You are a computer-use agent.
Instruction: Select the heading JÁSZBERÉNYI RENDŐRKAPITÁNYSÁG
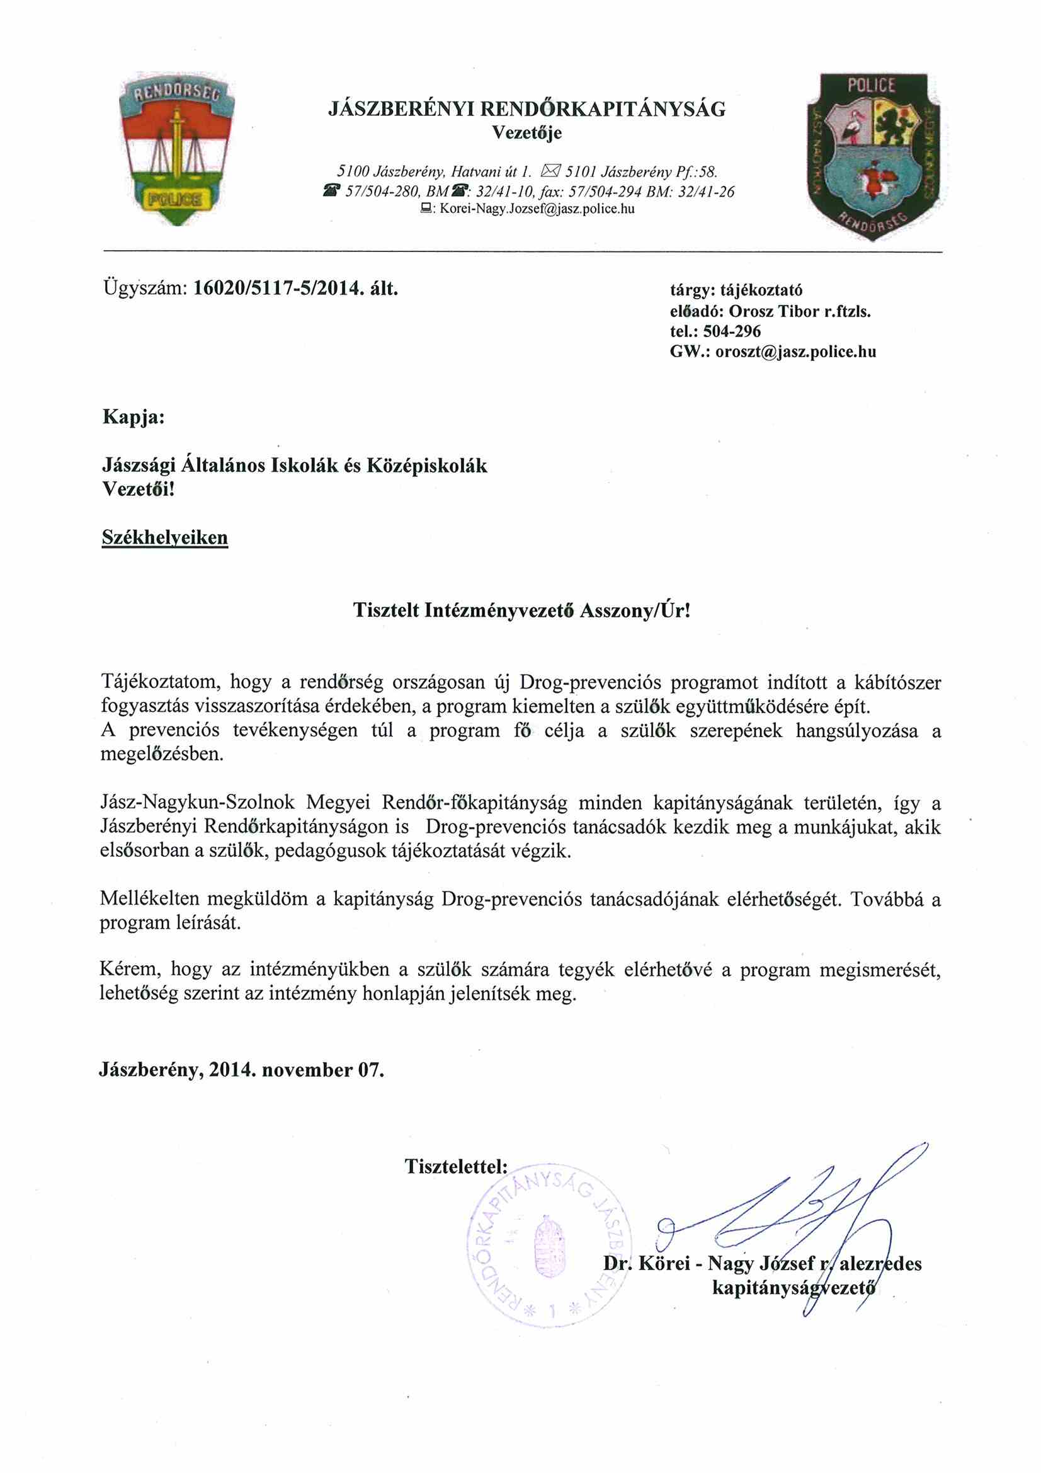526,109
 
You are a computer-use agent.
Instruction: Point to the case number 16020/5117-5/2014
275,288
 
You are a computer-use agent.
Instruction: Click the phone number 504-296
732,331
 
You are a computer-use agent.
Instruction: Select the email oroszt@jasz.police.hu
795,352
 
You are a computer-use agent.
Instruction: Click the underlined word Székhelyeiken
165,537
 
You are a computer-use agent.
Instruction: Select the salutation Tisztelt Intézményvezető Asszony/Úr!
521,610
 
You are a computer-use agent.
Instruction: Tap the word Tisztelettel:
456,1166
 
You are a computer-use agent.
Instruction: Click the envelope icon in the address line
551,171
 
